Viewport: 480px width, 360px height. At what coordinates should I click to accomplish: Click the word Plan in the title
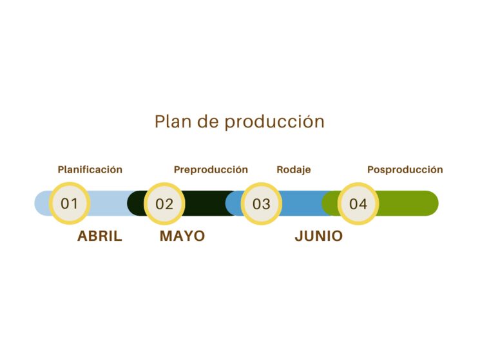tap(173, 122)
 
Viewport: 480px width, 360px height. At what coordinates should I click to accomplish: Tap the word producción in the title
tap(274, 122)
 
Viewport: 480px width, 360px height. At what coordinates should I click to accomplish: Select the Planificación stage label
tap(90, 170)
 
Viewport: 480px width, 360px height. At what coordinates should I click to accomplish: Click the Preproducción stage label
tap(211, 170)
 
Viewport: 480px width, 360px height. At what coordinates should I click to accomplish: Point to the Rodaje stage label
tap(294, 170)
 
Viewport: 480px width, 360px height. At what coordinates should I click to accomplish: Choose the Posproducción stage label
tap(405, 170)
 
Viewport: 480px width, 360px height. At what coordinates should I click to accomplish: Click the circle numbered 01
tap(70, 204)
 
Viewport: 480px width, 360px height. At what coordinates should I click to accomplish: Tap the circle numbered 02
tap(164, 204)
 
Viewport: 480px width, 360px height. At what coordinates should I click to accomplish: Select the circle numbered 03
tap(262, 204)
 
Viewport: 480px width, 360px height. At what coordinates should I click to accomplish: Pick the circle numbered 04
tap(358, 204)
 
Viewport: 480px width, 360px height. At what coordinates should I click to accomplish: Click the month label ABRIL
tap(100, 236)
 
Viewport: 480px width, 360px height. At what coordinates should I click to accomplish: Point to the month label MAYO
tap(182, 236)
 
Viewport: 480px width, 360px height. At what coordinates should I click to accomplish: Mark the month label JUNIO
tap(319, 236)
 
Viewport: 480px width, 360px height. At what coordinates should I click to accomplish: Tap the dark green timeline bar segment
tap(208, 204)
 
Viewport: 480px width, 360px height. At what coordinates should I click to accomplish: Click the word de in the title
tap(208, 122)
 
